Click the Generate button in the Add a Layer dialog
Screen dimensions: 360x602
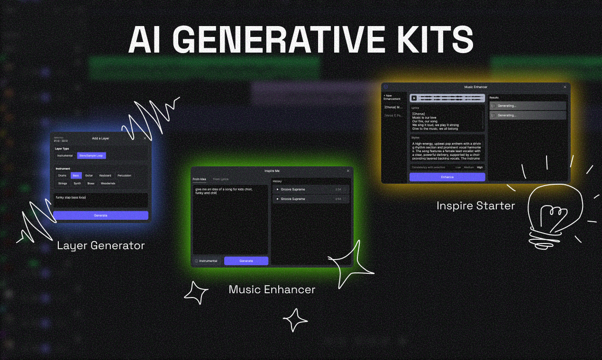pyautogui.click(x=100, y=215)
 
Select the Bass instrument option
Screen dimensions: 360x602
pyautogui.click(x=76, y=175)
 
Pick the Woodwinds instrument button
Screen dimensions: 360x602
pyautogui.click(x=108, y=183)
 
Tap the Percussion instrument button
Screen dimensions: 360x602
pyautogui.click(x=124, y=175)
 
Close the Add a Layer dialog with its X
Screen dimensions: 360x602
pyautogui.click(x=145, y=138)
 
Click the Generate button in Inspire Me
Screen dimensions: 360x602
pyautogui.click(x=246, y=261)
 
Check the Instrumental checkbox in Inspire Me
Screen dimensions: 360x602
pyautogui.click(x=196, y=261)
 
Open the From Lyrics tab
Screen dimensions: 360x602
pyautogui.click(x=220, y=179)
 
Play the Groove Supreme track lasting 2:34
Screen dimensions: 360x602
pyautogui.click(x=278, y=189)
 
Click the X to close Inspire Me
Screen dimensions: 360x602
pyautogui.click(x=348, y=171)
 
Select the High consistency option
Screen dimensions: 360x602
pyautogui.click(x=480, y=167)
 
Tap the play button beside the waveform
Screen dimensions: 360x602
pyautogui.click(x=414, y=98)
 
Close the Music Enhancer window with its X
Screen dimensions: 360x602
pyautogui.click(x=565, y=87)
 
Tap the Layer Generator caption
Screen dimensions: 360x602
pyautogui.click(x=100, y=245)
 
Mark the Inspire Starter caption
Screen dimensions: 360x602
pyautogui.click(x=475, y=206)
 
